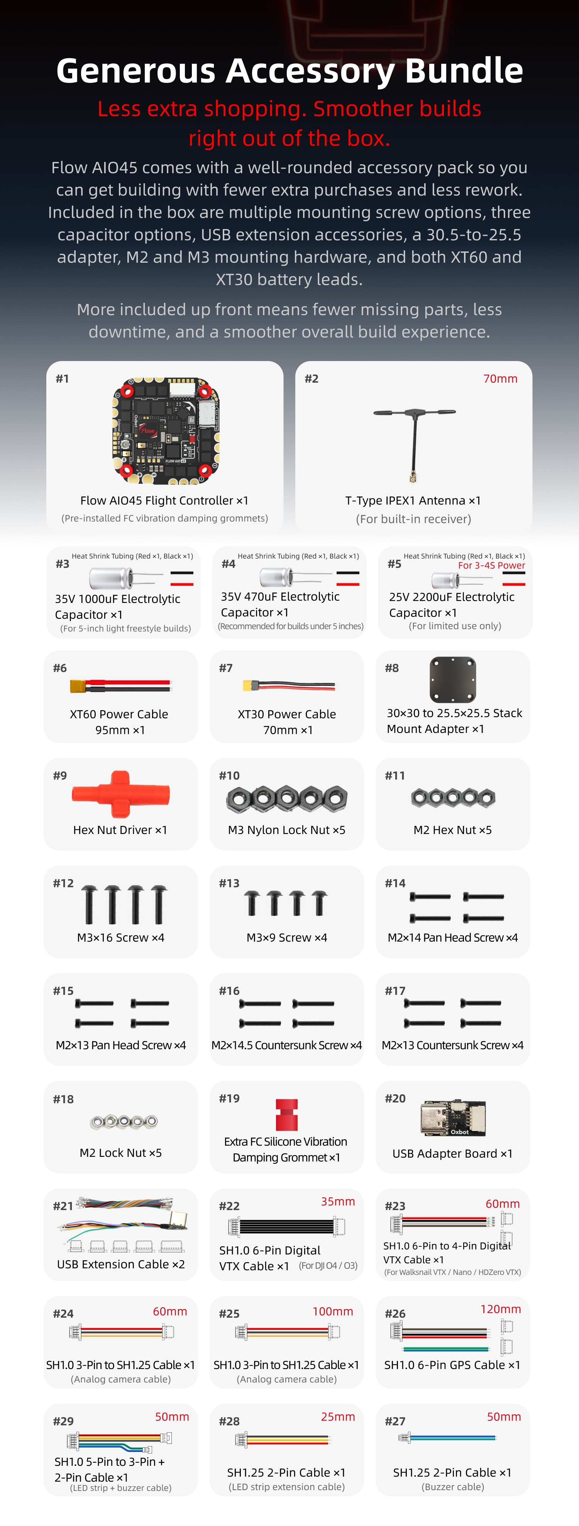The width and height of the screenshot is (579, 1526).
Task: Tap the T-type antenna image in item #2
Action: tap(414, 441)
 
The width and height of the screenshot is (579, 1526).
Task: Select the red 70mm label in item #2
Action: tap(500, 378)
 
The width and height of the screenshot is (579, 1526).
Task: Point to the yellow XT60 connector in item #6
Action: tap(79, 686)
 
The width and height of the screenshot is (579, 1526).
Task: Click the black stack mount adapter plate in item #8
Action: tap(453, 679)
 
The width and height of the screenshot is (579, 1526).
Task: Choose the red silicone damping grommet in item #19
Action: tap(287, 1114)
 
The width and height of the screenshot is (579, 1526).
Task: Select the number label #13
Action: tap(229, 883)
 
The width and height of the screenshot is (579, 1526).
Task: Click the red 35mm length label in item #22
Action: tap(338, 1201)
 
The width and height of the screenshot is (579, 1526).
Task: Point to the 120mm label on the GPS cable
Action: tap(501, 1308)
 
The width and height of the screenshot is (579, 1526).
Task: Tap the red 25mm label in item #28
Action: tap(338, 1416)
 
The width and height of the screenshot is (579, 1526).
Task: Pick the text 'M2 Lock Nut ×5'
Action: tap(121, 1153)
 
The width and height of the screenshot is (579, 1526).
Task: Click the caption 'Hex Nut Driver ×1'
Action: tap(120, 830)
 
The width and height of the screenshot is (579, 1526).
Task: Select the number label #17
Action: tap(395, 991)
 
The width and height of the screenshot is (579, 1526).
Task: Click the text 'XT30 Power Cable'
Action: tap(287, 714)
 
